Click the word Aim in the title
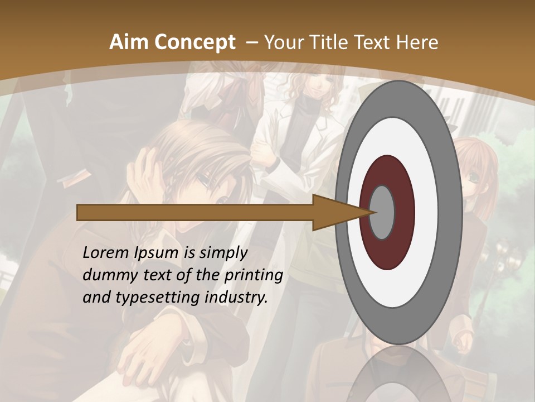point(129,42)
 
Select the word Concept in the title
point(194,42)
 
